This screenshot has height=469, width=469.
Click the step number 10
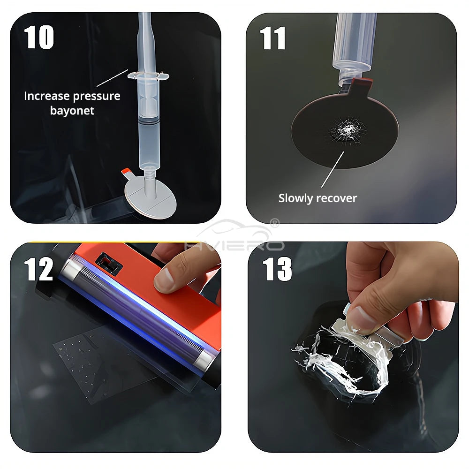pos(39,38)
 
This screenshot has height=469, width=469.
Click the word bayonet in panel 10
pos(72,111)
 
